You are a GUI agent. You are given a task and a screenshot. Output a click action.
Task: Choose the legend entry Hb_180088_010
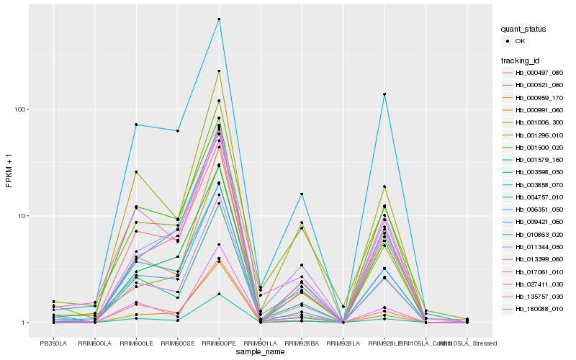coord(536,308)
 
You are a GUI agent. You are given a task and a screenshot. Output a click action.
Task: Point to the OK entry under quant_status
coord(520,40)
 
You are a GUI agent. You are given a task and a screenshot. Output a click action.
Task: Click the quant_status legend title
coord(524,29)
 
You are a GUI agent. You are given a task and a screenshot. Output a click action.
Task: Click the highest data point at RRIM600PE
coord(219,19)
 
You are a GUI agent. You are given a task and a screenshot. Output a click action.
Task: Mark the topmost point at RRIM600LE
coord(136,125)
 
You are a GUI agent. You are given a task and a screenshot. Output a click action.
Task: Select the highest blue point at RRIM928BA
coord(302,194)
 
